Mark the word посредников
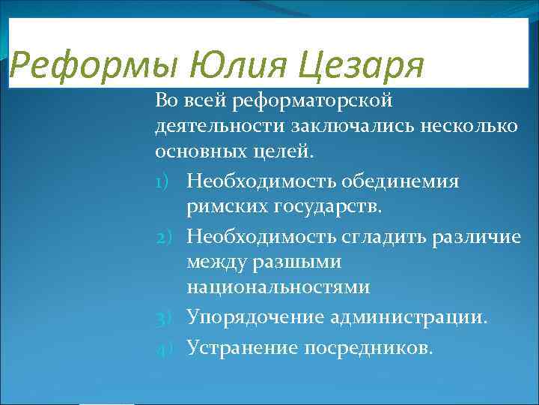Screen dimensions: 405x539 pos(368,346)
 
